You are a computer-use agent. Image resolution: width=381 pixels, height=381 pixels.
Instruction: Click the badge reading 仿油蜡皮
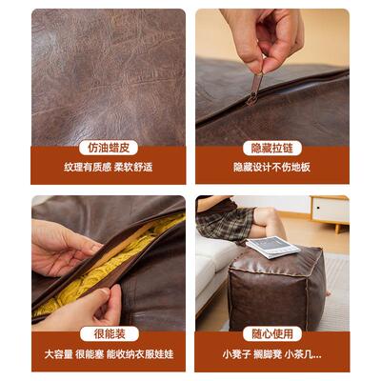click(x=108, y=148)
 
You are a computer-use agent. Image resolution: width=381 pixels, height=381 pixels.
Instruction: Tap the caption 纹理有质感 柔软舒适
click(x=108, y=167)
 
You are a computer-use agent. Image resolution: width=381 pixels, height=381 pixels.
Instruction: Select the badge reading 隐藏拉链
click(x=272, y=148)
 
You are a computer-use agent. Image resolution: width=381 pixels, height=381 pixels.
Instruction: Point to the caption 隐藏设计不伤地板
click(x=272, y=167)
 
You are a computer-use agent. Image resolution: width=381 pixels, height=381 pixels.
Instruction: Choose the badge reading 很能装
click(x=108, y=333)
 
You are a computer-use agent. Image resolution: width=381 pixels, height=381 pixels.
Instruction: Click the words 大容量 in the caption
click(x=56, y=353)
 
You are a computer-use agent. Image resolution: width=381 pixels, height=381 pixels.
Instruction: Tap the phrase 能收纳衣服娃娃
click(x=139, y=353)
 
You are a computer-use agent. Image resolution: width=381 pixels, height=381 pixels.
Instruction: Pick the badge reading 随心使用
click(x=272, y=333)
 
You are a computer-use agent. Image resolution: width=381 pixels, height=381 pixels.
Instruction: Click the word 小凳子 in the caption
click(x=237, y=353)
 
